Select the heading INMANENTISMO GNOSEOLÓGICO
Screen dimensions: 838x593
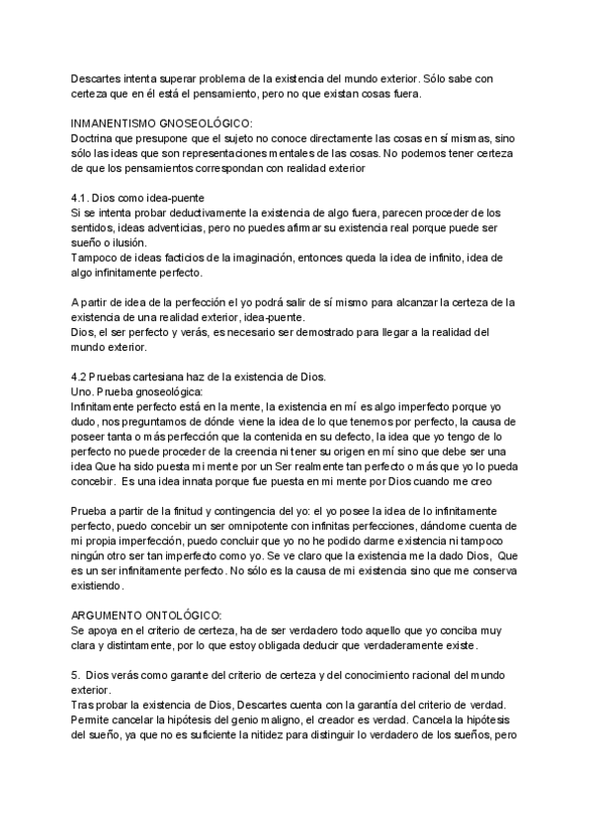[162, 123]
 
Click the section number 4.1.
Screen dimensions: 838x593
[80, 199]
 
